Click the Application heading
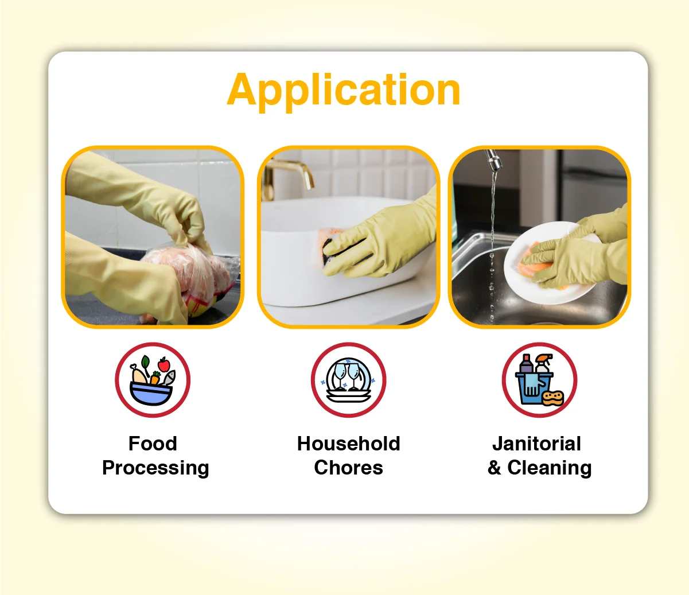tap(344, 90)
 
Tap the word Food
tap(153, 444)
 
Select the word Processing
tap(155, 468)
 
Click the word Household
tap(348, 444)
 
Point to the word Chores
tap(348, 468)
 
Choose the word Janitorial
tap(536, 444)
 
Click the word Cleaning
tap(550, 468)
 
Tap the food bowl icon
tap(152, 380)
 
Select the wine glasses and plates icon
tap(348, 380)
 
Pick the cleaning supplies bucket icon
tap(539, 380)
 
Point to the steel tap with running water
tap(493, 159)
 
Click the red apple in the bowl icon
tap(164, 364)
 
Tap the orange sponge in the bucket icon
tap(553, 397)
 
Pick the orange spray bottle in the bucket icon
tap(543, 364)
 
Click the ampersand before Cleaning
tap(495, 468)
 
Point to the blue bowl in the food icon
tap(151, 394)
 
